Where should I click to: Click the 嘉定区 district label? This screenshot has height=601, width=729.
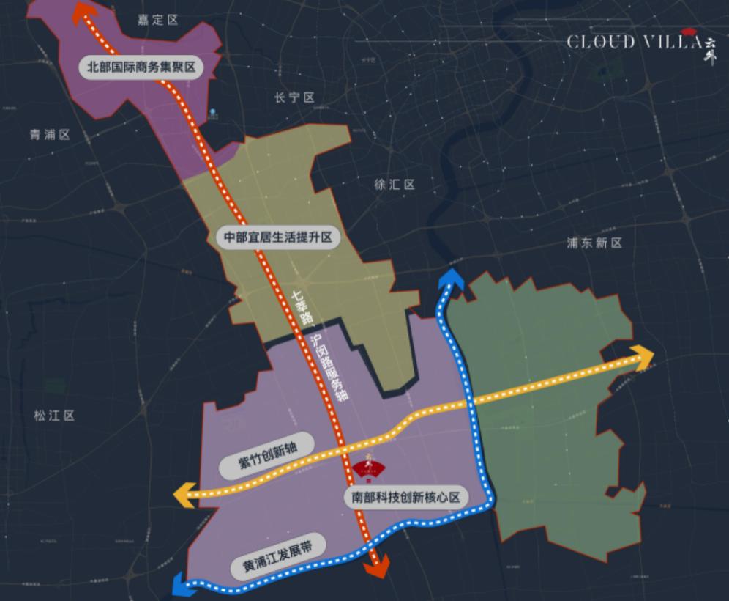coord(158,20)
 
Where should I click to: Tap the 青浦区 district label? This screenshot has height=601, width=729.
coord(50,135)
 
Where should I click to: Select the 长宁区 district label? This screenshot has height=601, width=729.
coord(294,98)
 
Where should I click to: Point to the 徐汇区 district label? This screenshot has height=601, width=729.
coord(395,185)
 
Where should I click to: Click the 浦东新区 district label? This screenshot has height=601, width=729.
coord(594,243)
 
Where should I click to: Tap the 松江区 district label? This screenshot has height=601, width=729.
coord(54,416)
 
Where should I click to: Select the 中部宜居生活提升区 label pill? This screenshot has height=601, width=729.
coord(279,237)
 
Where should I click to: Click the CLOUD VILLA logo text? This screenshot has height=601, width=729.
coord(634,42)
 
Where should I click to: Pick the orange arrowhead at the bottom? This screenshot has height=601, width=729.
coord(378,567)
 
